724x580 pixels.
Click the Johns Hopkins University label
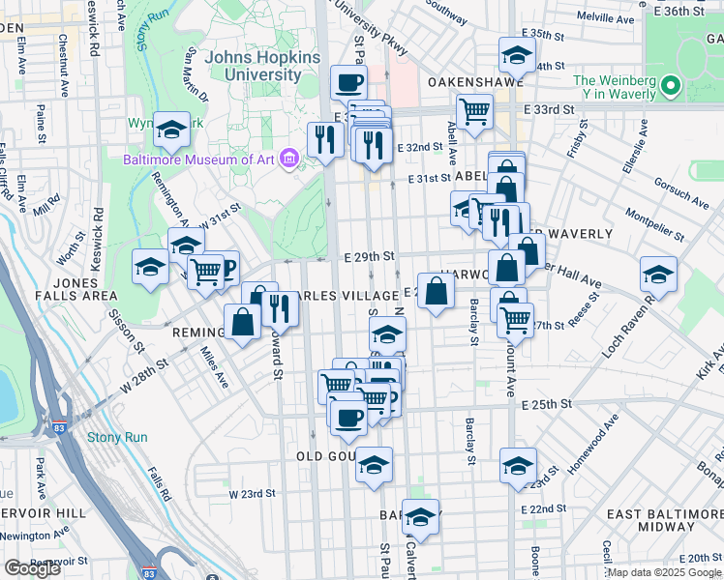point(261,66)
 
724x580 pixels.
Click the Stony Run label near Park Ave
point(117,437)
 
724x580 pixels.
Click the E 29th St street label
point(370,256)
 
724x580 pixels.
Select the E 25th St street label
point(548,404)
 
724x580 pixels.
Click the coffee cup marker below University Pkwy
point(347,81)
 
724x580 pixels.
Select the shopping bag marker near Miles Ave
point(242,322)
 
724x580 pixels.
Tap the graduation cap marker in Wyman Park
point(171,130)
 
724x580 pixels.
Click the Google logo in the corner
point(32,568)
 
